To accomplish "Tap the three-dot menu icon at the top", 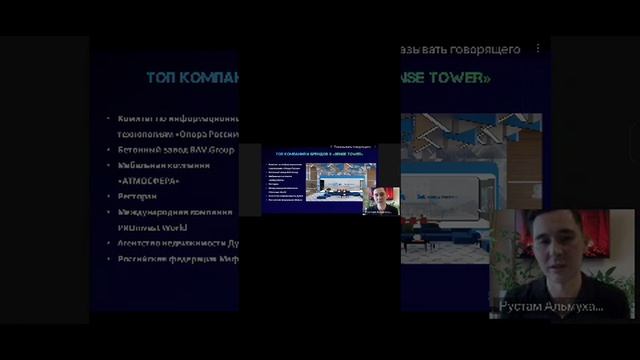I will coord(538,48).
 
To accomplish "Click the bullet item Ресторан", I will coord(137,196).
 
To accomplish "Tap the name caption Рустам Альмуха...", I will coord(551,306).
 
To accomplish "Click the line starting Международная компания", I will coord(175,212).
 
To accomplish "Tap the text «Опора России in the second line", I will coord(206,133).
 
